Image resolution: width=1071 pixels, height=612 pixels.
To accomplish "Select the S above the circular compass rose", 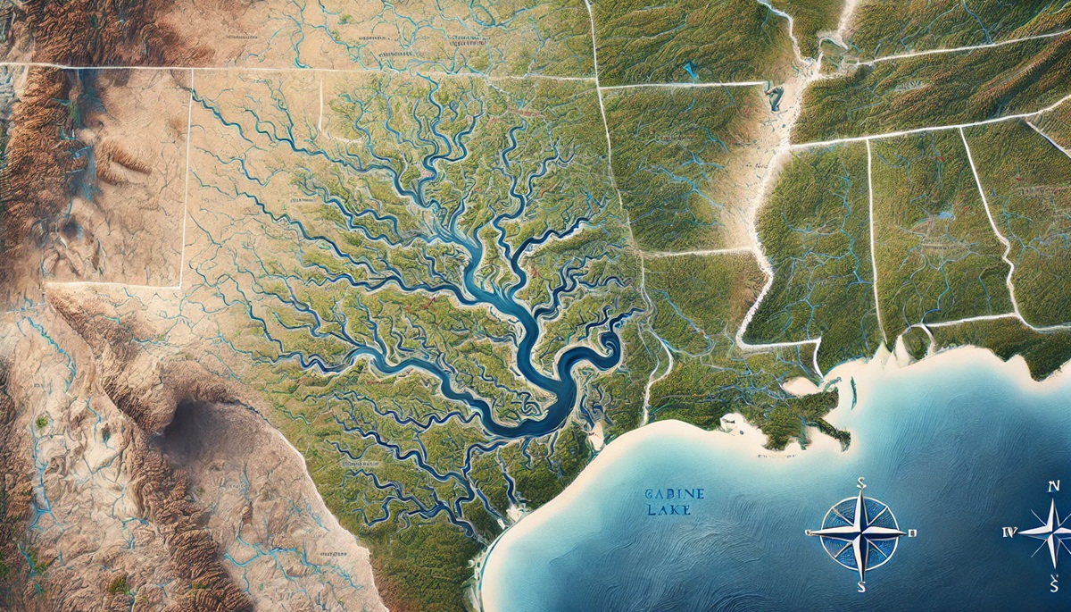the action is (x=861, y=483).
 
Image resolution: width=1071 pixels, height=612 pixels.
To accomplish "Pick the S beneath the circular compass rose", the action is (x=860, y=587).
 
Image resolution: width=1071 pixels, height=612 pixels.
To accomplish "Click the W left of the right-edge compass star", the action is (x=1009, y=532).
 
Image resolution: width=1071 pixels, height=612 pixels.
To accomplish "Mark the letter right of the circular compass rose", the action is (x=912, y=533).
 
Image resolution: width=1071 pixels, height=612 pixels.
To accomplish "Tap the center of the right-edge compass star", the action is (x=1053, y=532).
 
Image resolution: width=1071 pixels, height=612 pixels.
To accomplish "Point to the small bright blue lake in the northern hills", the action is (x=688, y=68).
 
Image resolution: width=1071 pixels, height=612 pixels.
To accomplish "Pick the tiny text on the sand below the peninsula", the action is (x=775, y=456).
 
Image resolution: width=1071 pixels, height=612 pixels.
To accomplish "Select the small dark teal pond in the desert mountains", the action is (x=42, y=421).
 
